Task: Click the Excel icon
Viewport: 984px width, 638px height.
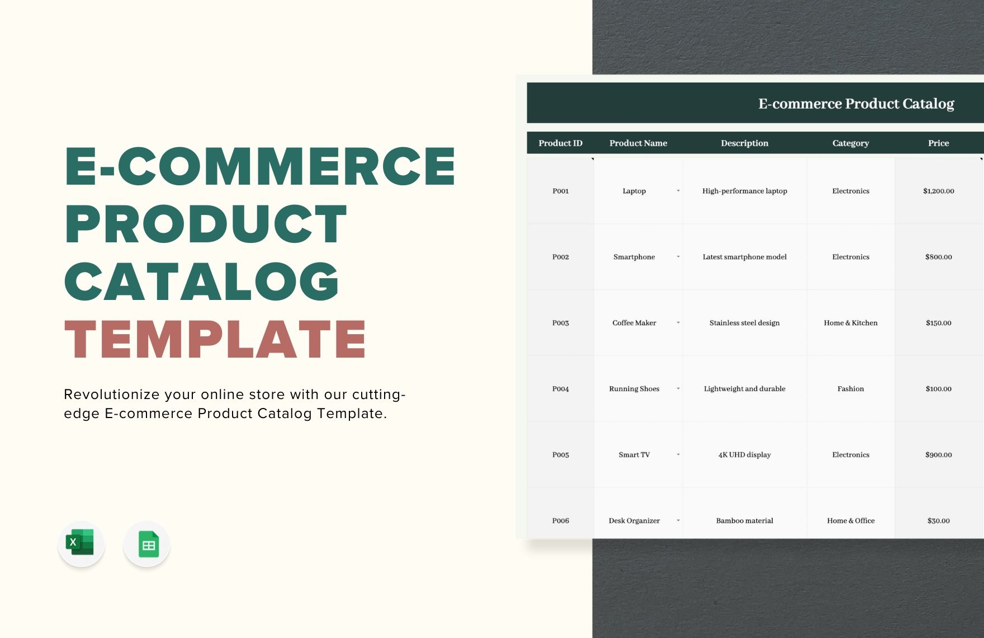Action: [81, 543]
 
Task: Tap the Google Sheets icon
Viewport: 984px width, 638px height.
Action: [147, 544]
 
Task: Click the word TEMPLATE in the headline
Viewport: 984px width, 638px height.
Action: [215, 339]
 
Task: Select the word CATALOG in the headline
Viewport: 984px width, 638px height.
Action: [202, 281]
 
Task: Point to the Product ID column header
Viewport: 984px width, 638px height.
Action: [560, 143]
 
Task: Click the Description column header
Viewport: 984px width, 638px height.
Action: [744, 143]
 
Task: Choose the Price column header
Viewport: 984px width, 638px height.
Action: [938, 143]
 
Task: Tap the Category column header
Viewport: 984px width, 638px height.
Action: [850, 143]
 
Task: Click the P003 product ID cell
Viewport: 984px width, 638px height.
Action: [560, 323]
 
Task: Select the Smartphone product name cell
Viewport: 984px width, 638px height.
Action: [634, 257]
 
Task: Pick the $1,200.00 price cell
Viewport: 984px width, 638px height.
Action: [938, 191]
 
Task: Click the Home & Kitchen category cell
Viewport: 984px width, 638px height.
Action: [850, 323]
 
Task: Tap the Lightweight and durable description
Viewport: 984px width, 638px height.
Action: [744, 389]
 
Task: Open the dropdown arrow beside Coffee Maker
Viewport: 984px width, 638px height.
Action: [678, 323]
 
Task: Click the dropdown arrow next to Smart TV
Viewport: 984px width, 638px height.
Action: [678, 454]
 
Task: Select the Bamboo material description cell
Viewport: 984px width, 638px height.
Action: [744, 520]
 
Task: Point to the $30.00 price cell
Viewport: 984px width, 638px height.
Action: [938, 520]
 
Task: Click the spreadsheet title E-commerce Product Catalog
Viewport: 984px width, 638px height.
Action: [855, 104]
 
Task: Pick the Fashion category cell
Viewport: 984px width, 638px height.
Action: [850, 389]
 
